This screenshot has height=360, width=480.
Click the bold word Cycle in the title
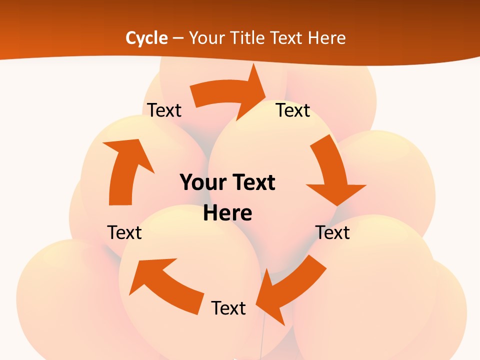146,38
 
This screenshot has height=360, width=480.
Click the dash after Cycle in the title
178,38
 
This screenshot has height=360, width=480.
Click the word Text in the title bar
287,38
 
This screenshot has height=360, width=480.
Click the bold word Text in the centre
252,182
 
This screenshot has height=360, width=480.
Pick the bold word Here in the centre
227,213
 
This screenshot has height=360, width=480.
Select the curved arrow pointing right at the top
230,92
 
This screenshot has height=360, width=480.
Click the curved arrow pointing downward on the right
332,175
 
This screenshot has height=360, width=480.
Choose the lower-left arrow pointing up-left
165,282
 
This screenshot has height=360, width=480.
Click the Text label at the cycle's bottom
228,308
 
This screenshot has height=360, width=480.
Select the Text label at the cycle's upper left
164,110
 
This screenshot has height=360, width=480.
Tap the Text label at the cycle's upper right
293,110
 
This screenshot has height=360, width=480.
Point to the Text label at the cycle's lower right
332,232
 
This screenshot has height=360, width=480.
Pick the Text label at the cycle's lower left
124,232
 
